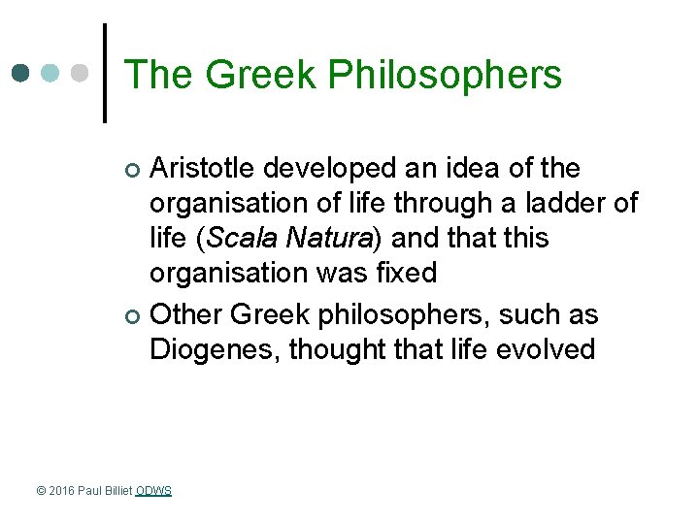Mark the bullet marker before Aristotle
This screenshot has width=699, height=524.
tap(134, 171)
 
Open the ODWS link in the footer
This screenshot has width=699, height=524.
tap(153, 491)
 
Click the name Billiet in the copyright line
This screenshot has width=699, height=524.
tap(118, 491)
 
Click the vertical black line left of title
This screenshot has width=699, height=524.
tap(105, 74)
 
